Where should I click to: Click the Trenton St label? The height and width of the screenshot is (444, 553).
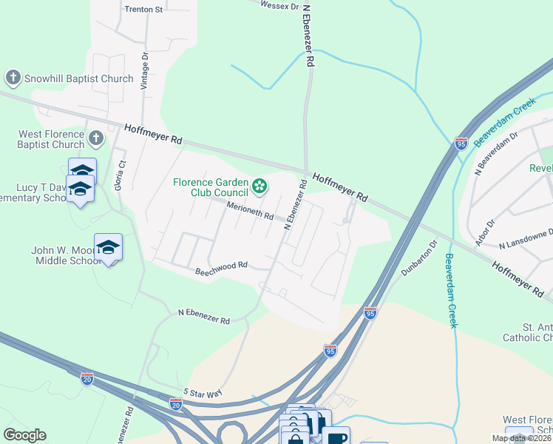tap(143, 10)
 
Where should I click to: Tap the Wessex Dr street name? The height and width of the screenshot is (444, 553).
tap(279, 5)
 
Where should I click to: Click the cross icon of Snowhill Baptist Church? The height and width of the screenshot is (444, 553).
tap(13, 78)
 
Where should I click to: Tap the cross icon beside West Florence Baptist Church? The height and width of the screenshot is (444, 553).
tap(95, 138)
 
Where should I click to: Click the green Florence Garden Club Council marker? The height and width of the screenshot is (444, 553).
tap(259, 186)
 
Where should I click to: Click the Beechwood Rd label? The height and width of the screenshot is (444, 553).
tap(220, 269)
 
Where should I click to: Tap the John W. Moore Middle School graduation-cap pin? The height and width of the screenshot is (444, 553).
tap(108, 247)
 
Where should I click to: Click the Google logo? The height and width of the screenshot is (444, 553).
tap(24, 435)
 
